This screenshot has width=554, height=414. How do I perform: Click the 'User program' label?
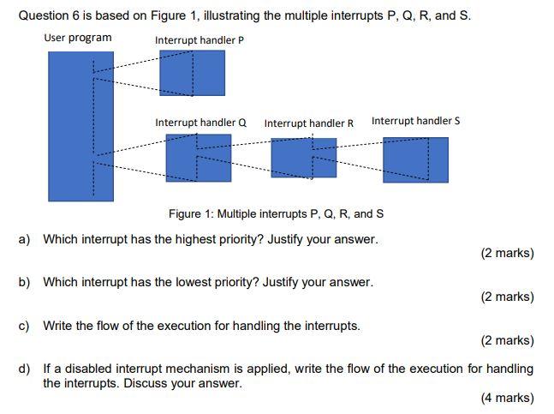point(77,38)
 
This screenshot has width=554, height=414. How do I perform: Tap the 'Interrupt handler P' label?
point(200,39)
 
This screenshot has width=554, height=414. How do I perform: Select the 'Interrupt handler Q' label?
point(200,123)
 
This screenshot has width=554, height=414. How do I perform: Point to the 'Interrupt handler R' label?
point(309,123)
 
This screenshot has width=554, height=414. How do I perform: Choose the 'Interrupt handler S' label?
point(415,121)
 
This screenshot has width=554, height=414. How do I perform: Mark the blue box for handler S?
point(415,159)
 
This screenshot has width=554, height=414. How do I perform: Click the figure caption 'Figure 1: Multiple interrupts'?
point(276,213)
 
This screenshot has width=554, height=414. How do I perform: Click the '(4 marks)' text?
point(507,398)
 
